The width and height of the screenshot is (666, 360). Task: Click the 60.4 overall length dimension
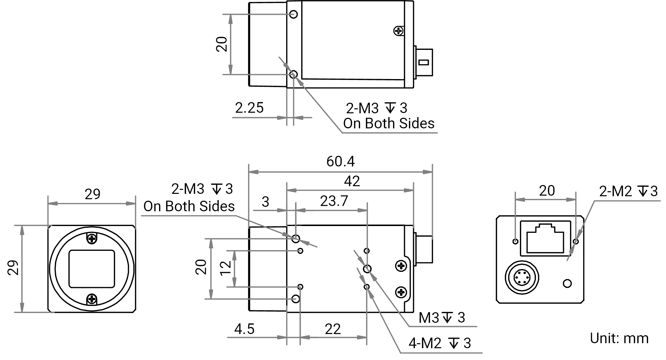[341, 161]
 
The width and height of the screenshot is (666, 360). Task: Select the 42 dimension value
[352, 181]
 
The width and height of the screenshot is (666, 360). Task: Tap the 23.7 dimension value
[334, 201]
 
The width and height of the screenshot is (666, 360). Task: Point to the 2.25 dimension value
[249, 108]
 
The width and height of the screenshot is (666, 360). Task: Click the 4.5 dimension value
[244, 329]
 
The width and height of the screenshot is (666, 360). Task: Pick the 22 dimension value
[333, 329]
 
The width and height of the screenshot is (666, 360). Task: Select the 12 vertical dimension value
[226, 268]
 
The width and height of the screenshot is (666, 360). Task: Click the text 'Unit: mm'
[619, 338]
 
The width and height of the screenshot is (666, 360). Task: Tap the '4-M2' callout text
[425, 343]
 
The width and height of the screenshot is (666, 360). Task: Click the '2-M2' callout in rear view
[616, 192]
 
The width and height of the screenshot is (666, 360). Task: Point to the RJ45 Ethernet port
[545, 238]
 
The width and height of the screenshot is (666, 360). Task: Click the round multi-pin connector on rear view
[522, 277]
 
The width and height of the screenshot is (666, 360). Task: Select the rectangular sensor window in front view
[92, 269]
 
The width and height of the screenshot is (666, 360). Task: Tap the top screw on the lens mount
[92, 238]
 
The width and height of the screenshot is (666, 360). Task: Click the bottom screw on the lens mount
[92, 299]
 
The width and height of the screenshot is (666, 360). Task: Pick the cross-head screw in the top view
[399, 30]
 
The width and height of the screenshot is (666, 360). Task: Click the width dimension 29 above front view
[92, 194]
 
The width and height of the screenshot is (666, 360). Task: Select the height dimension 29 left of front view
[13, 268]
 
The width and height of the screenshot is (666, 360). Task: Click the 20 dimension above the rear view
[547, 191]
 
